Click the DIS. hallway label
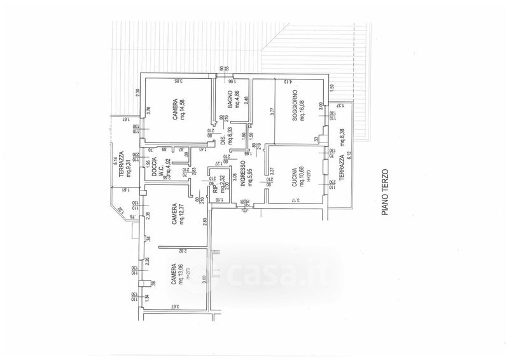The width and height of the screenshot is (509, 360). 223,142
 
